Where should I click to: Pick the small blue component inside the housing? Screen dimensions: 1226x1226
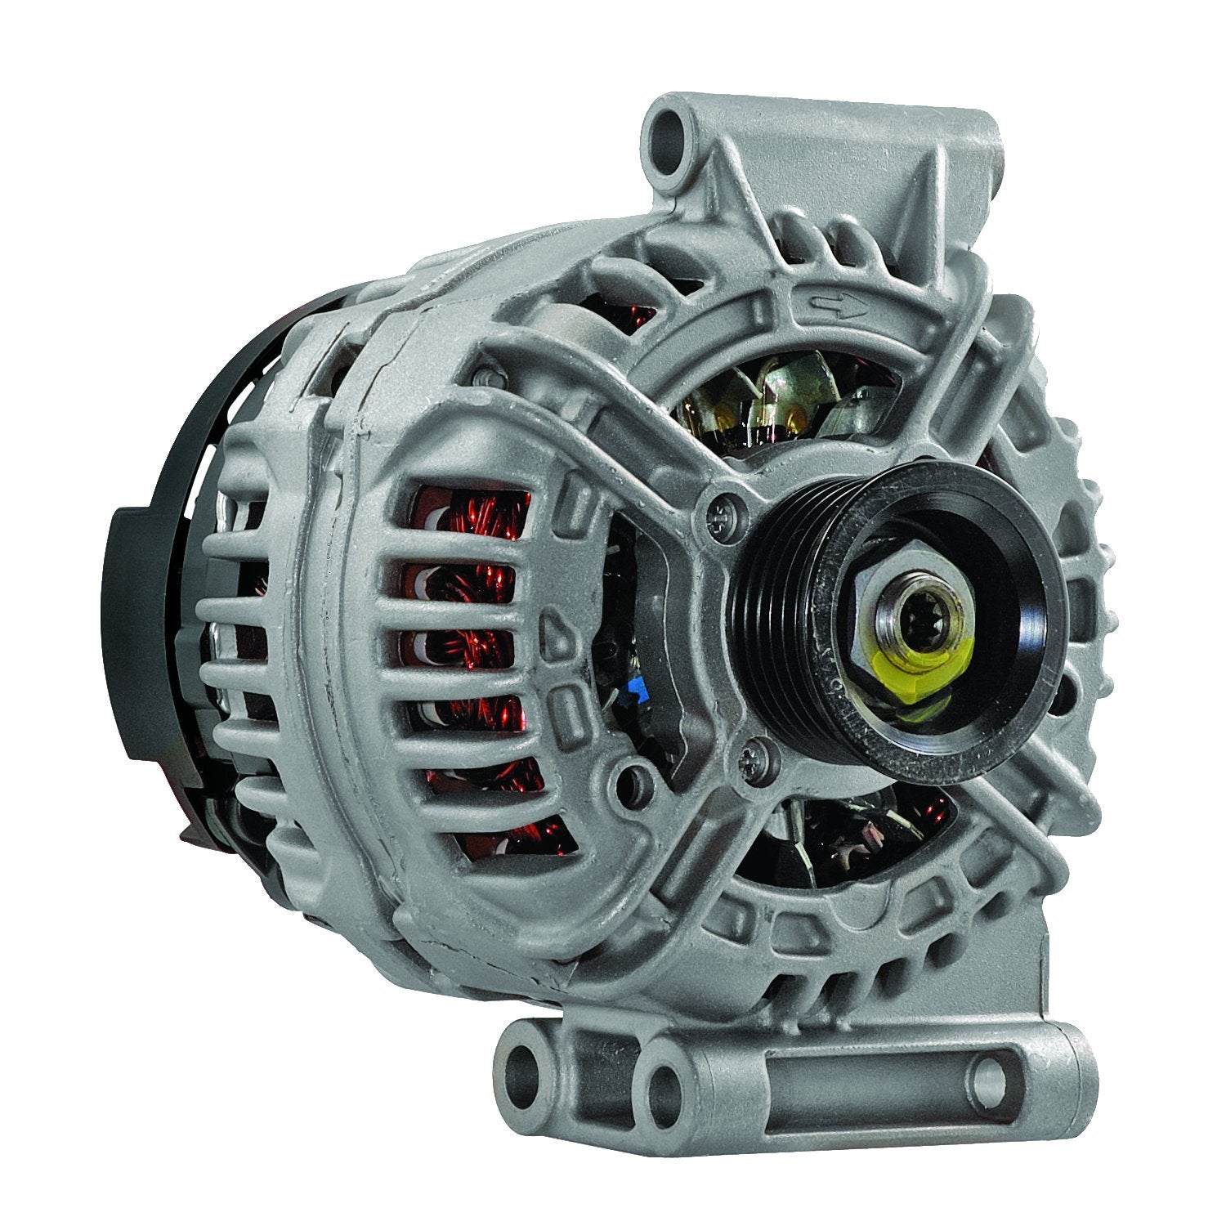click(x=633, y=695)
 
